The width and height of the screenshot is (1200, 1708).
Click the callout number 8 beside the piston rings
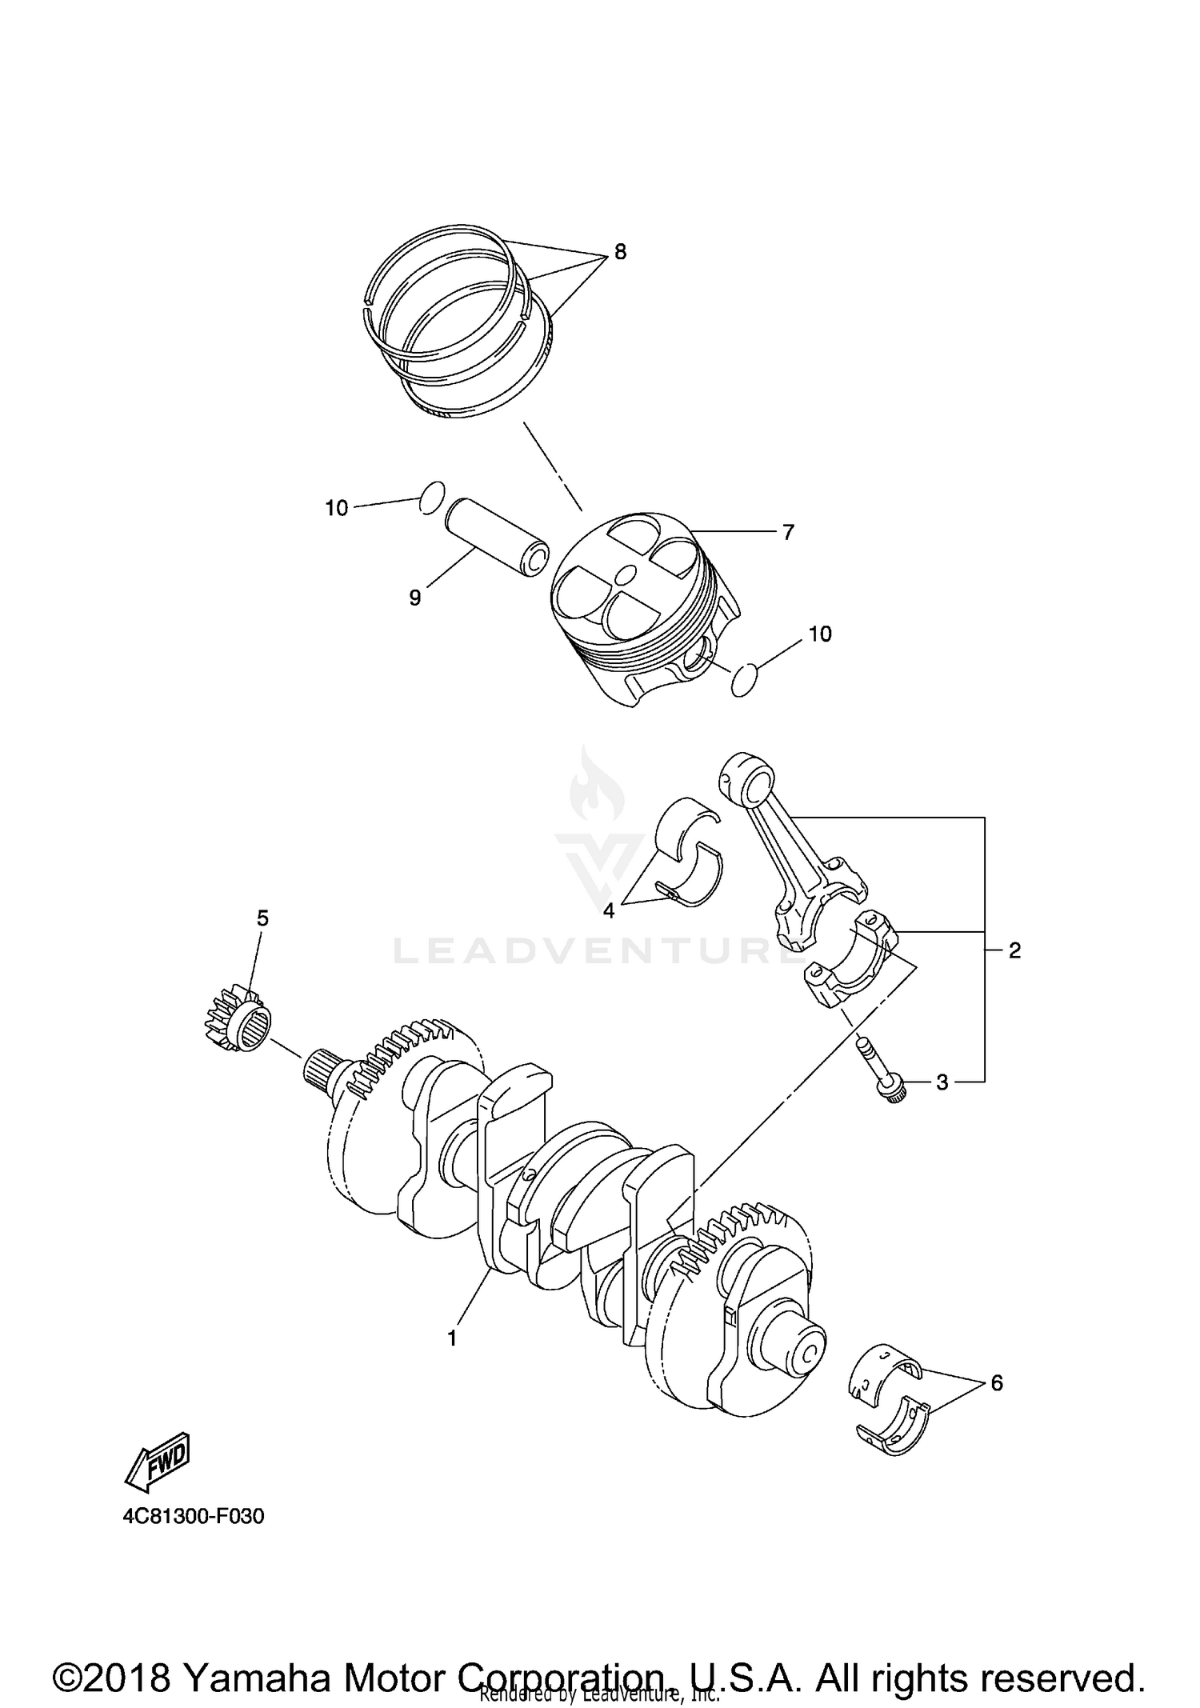point(620,252)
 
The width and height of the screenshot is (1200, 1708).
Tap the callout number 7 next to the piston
point(788,532)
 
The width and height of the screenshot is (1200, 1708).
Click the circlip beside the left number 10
point(431,496)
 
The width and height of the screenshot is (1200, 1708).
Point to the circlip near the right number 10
point(745,679)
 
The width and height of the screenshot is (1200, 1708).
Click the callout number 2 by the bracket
point(1014,950)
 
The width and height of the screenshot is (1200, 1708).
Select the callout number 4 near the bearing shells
point(609,910)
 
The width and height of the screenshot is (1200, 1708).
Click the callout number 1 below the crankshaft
point(452,1338)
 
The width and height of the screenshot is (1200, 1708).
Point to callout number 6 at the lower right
point(996,1382)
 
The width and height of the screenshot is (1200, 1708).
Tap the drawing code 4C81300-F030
point(193,1516)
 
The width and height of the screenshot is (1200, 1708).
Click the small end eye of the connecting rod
point(749,777)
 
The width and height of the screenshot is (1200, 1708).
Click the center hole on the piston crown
point(626,574)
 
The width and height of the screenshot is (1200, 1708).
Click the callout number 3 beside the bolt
point(942,1082)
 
